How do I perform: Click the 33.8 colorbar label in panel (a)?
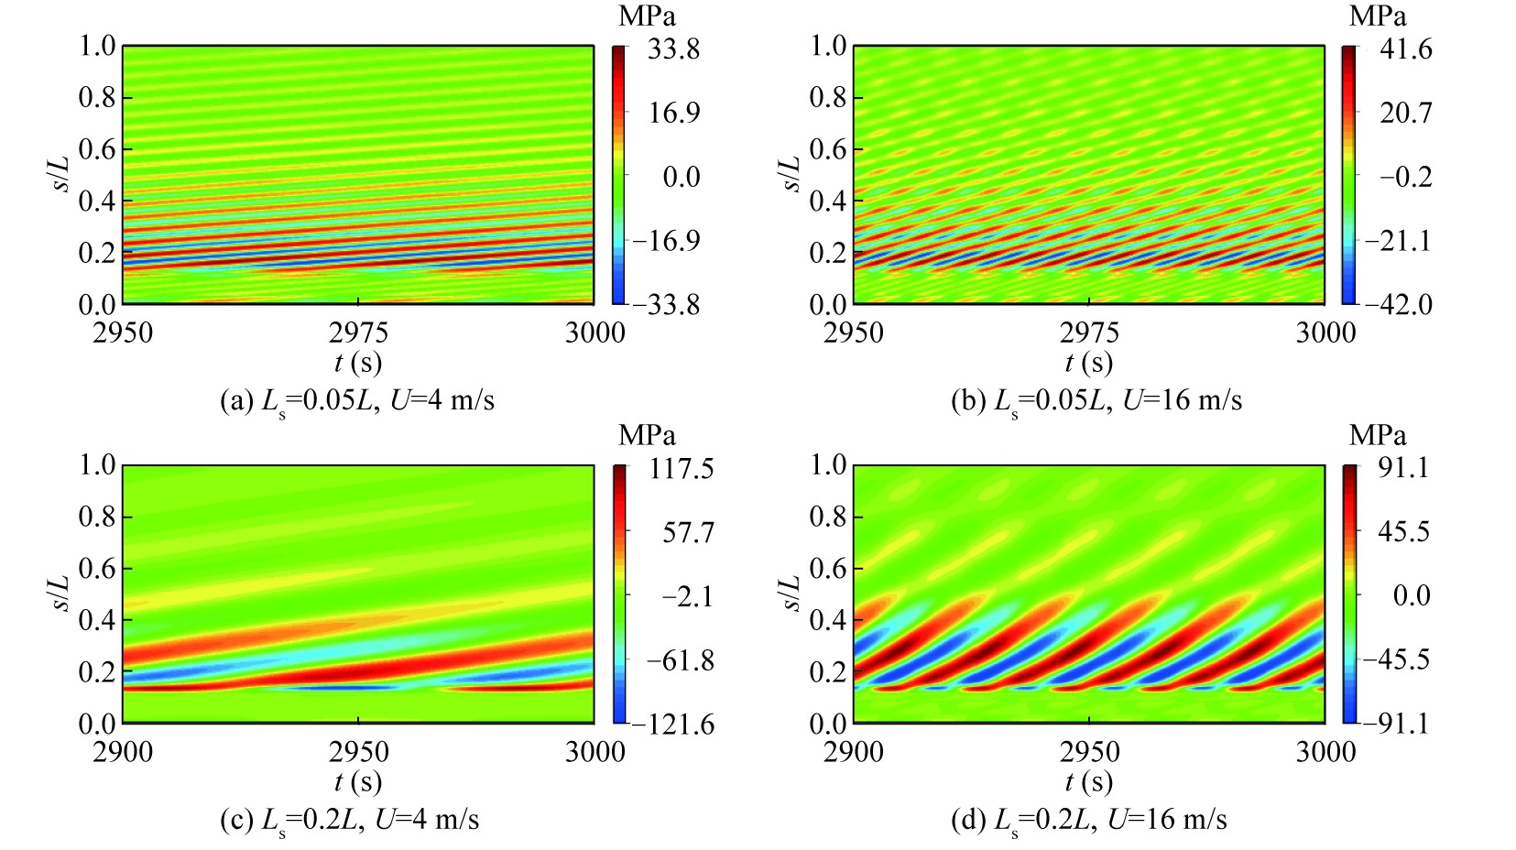coord(673,49)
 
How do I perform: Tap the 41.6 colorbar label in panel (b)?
coord(1405,49)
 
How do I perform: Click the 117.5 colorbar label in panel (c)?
coord(682,469)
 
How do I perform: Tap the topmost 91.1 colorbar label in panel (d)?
coord(1403,468)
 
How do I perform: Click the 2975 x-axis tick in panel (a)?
coord(358,332)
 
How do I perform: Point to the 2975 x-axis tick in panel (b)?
coord(1089,332)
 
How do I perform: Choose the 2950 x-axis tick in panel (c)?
coord(358,752)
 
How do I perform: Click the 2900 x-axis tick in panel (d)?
coord(854,752)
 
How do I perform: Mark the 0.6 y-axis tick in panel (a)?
coord(97,148)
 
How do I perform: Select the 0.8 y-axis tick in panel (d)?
coord(828,517)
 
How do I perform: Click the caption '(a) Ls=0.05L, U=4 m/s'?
coord(357,401)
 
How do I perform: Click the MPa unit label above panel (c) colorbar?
coord(647,435)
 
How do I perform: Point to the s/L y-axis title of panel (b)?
coord(790,174)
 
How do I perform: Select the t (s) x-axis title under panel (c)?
coord(358,781)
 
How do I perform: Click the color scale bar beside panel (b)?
coord(1349,174)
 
